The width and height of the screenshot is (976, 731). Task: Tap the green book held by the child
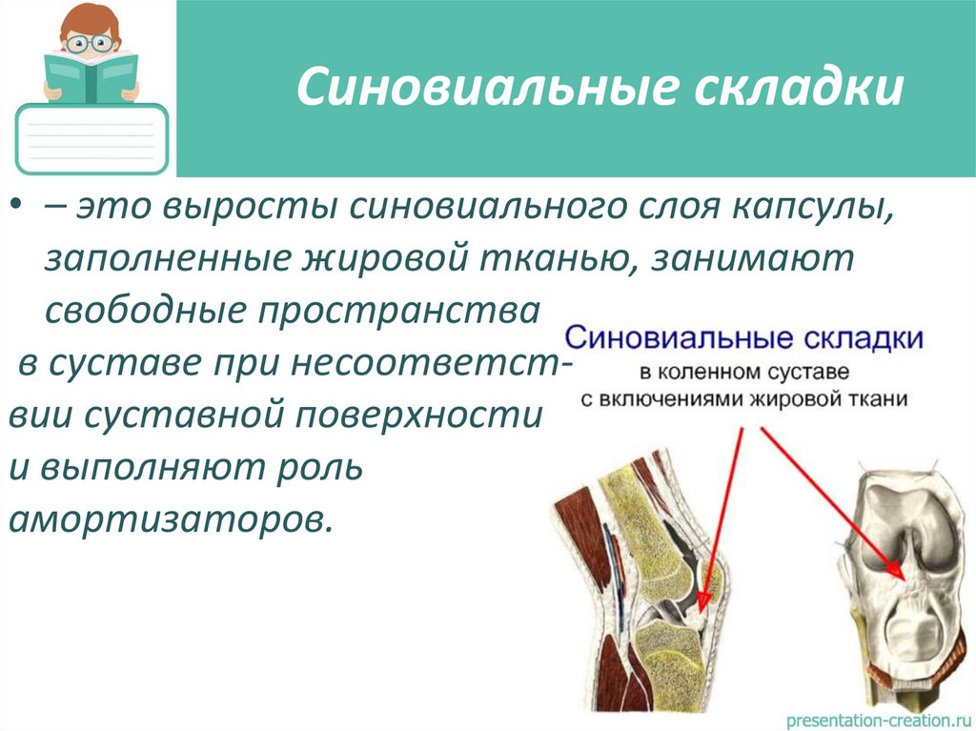(91, 76)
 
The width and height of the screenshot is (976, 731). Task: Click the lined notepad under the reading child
(92, 139)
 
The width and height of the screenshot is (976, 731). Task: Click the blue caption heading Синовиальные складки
(744, 338)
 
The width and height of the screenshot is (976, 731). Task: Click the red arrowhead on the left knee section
(702, 599)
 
